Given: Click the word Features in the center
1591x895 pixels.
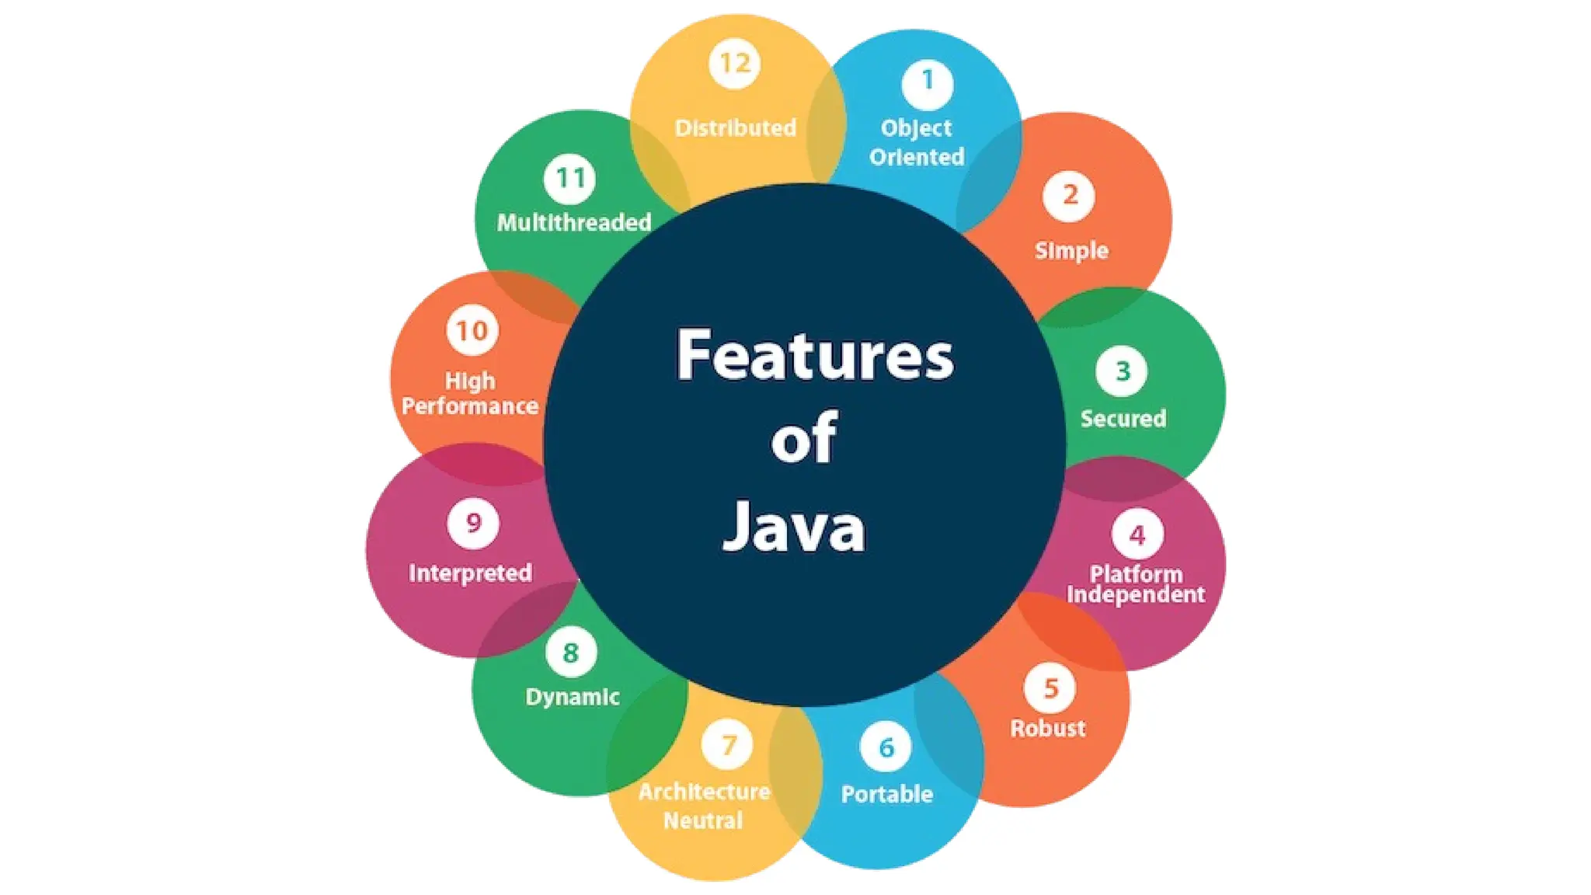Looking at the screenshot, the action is (x=815, y=355).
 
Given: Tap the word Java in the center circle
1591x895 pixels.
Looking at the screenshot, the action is (x=794, y=528).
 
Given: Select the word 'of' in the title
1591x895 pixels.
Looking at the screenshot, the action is (x=804, y=438).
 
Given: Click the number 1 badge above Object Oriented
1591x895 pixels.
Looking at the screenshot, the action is (x=927, y=82).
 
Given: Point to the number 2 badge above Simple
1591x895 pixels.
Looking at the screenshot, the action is (x=1070, y=195).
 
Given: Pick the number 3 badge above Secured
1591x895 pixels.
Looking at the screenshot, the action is (x=1122, y=371).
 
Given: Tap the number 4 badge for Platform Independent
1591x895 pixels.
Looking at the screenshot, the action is (x=1137, y=535).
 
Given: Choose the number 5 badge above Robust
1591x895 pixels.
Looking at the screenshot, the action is (x=1050, y=688).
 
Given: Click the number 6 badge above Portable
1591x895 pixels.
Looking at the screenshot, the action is (x=886, y=747).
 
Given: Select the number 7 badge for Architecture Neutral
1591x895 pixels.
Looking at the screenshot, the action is (x=728, y=745).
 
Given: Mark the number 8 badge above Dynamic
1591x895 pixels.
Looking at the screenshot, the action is (x=571, y=653).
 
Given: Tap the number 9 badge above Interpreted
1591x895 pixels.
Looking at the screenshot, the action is (x=473, y=523).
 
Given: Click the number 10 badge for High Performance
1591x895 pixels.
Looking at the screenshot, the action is (x=472, y=331).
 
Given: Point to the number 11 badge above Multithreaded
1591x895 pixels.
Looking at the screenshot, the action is (x=570, y=178).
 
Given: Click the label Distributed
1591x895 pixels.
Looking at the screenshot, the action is (x=735, y=128).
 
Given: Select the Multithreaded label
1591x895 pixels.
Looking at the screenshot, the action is (x=574, y=223).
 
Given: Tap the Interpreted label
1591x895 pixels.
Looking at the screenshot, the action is (x=470, y=573).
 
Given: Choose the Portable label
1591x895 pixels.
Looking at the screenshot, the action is (x=887, y=794).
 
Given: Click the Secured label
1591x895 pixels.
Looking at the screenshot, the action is (x=1123, y=419).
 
